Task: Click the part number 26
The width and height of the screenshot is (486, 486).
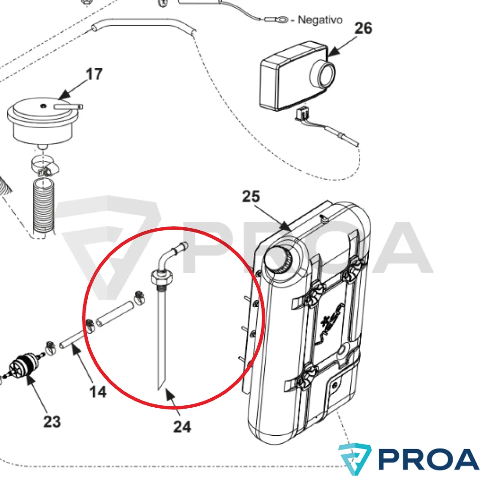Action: pos(363,28)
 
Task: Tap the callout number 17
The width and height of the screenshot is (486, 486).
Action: pos(94,74)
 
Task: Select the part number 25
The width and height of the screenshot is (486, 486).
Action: pos(251,196)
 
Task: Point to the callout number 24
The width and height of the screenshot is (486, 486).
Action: pos(182,427)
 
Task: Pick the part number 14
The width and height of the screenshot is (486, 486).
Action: pos(98,392)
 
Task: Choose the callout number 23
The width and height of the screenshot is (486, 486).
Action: pos(52,421)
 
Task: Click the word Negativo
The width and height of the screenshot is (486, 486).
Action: pos(320,20)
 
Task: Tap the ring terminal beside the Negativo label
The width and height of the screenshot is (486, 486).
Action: pos(280,20)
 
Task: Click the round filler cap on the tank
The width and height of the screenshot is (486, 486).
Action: pos(278,257)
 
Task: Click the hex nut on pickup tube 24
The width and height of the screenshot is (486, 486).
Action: pos(161,277)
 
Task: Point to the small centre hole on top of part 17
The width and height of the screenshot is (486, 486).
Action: pos(43,106)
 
